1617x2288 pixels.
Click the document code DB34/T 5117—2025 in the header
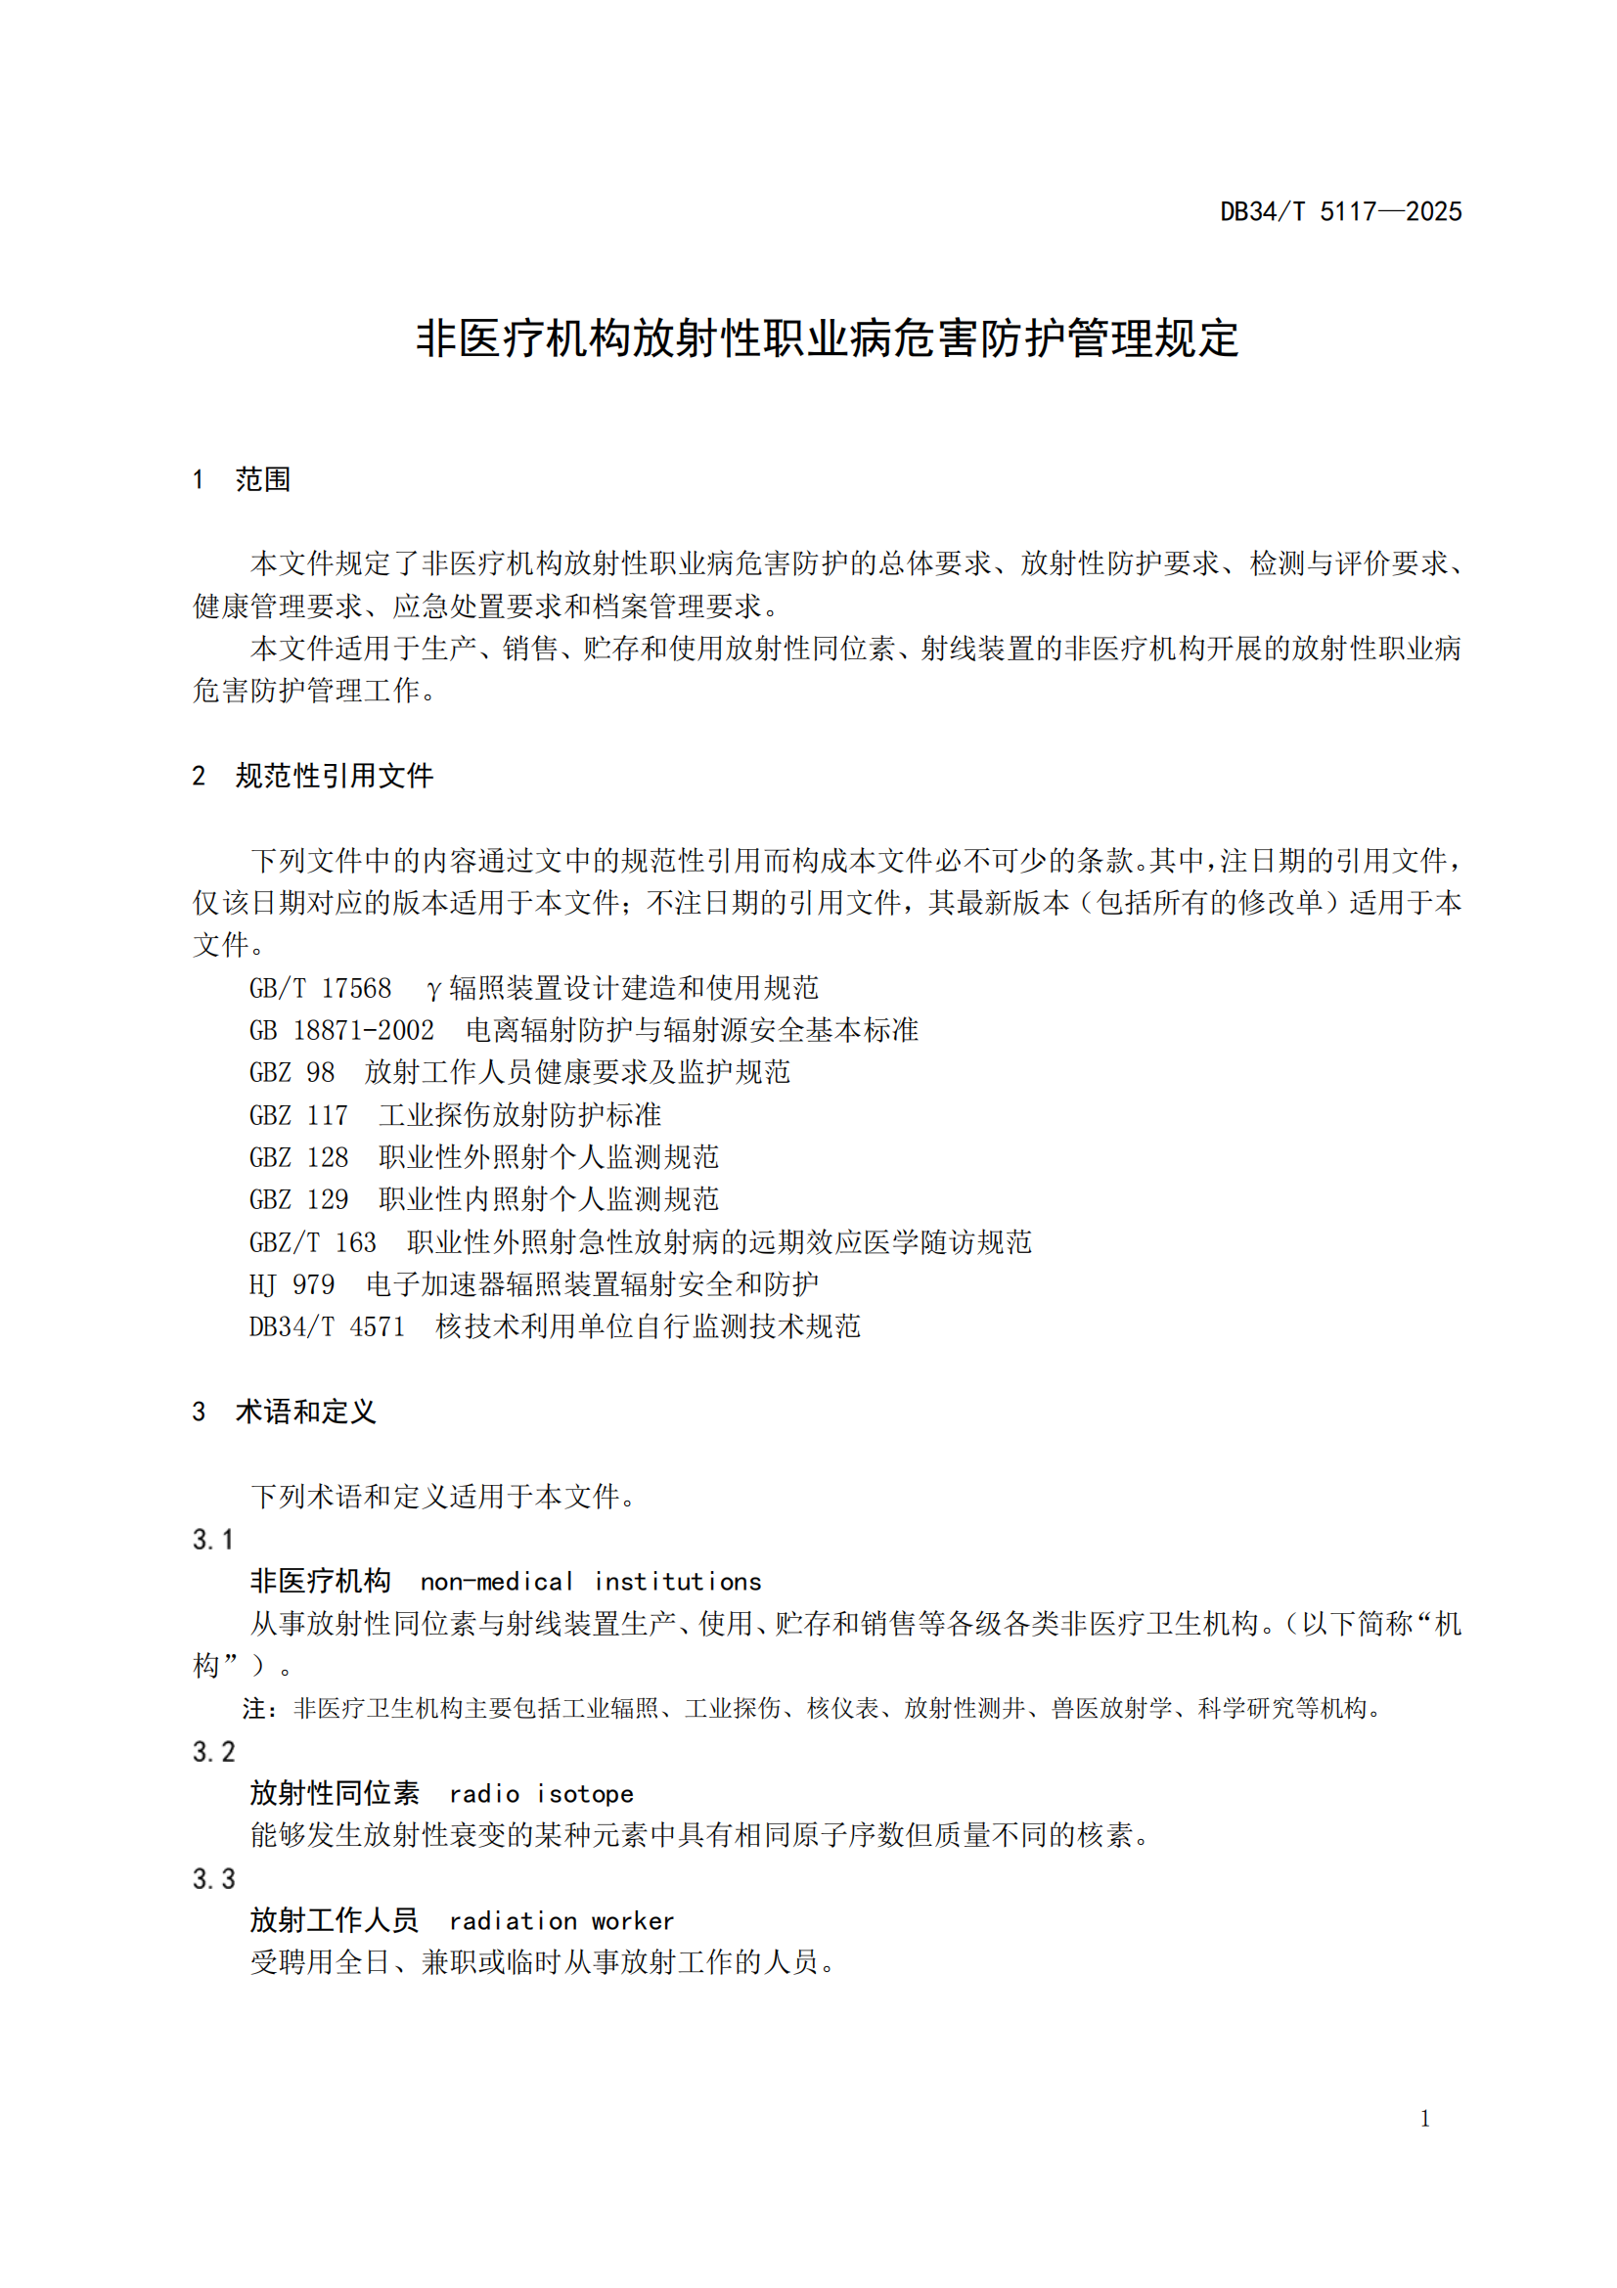tap(1340, 211)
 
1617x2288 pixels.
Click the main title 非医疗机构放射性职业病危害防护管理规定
tap(827, 338)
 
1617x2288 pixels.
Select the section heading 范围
tap(263, 479)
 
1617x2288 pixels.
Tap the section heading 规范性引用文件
tap(335, 776)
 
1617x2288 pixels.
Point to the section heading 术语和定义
tap(306, 1412)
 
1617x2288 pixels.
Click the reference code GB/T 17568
tap(320, 988)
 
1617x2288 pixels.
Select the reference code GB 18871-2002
tap(341, 1029)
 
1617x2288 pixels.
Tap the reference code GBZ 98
tap(292, 1072)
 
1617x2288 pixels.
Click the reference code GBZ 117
tap(299, 1115)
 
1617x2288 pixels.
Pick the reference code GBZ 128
tap(299, 1157)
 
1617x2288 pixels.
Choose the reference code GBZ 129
tap(299, 1199)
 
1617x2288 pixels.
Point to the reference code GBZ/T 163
tap(313, 1241)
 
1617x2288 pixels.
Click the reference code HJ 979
tap(292, 1284)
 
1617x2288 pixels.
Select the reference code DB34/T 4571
tap(327, 1326)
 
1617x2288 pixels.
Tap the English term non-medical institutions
tap(591, 1582)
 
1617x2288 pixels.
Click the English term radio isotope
tap(541, 1794)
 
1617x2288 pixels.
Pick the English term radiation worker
tap(561, 1920)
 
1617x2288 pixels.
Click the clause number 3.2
tap(213, 1752)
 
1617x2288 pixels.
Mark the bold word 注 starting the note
tap(254, 1709)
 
